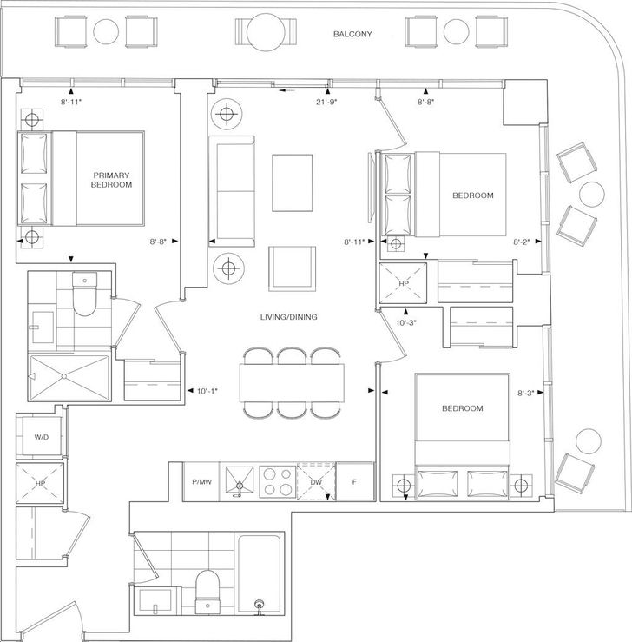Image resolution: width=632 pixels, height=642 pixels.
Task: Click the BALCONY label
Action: pyautogui.click(x=352, y=34)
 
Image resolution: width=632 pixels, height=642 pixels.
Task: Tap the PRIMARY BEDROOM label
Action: pyautogui.click(x=111, y=180)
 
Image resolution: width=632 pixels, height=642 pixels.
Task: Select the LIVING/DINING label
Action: pyautogui.click(x=289, y=317)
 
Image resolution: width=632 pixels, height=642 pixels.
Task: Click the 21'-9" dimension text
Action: pyautogui.click(x=326, y=102)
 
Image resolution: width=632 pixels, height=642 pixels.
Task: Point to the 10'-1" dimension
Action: pyautogui.click(x=207, y=391)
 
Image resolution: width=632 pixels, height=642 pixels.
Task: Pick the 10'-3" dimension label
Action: pyautogui.click(x=405, y=322)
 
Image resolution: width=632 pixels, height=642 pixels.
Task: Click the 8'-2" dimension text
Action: pyautogui.click(x=522, y=242)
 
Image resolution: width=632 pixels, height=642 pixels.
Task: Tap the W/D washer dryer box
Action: pyautogui.click(x=42, y=437)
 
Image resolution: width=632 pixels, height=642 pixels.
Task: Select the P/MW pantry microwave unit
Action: pyautogui.click(x=202, y=481)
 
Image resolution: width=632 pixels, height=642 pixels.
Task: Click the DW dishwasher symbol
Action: pyautogui.click(x=316, y=481)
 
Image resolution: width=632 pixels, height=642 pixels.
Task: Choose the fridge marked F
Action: pyautogui.click(x=355, y=481)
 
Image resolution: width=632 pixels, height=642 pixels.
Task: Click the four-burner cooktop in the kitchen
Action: pyautogui.click(x=277, y=481)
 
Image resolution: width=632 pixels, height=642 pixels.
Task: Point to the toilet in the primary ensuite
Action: pyautogui.click(x=84, y=294)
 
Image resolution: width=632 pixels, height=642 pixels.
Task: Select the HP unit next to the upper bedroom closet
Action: pyautogui.click(x=403, y=283)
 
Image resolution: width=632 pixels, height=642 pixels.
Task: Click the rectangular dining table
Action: pyautogui.click(x=292, y=383)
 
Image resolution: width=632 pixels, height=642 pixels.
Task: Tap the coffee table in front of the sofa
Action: pyautogui.click(x=292, y=182)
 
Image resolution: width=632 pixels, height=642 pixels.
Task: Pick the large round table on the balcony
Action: pyautogui.click(x=266, y=32)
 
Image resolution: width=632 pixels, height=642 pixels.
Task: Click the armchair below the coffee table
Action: pyautogui.click(x=292, y=268)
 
